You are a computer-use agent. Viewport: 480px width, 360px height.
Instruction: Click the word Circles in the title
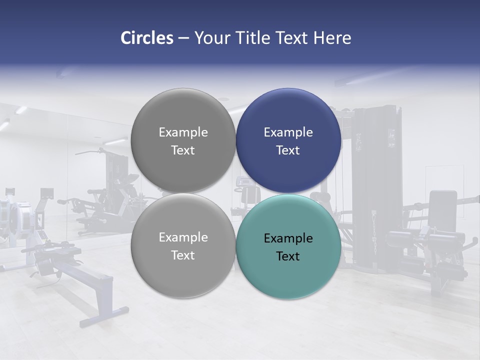(x=146, y=38)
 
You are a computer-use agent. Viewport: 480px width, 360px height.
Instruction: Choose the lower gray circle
(x=183, y=272)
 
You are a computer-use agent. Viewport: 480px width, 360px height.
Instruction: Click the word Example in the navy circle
(x=288, y=132)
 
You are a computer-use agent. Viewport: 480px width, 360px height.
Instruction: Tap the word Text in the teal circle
(x=288, y=256)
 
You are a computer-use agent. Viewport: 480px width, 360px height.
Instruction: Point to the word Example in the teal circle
(x=288, y=238)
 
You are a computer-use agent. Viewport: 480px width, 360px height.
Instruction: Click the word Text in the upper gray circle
(x=183, y=150)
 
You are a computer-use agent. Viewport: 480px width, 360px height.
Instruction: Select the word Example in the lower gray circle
(x=183, y=237)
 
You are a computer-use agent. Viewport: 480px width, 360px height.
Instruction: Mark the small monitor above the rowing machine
(x=47, y=193)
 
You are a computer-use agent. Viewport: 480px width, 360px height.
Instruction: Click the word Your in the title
(x=211, y=38)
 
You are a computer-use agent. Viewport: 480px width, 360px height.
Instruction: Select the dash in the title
(x=183, y=38)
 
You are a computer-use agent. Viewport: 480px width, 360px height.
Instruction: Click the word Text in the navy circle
(x=288, y=150)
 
